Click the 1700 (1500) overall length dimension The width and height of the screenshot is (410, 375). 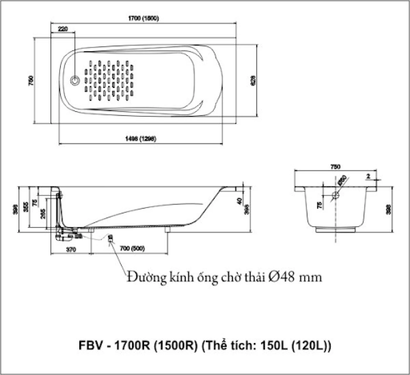coord(143,18)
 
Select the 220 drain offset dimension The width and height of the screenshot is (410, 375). coord(63,29)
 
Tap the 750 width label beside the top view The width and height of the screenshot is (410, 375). coord(31,80)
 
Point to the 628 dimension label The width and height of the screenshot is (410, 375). coord(253,80)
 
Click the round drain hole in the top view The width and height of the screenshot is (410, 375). coord(75,80)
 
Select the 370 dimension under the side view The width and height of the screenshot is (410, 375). coord(71,250)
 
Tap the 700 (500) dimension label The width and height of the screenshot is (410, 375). coord(132,249)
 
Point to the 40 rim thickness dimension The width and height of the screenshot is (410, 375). coord(239,201)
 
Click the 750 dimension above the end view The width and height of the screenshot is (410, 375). coord(335,167)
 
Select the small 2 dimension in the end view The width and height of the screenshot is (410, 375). coord(368,176)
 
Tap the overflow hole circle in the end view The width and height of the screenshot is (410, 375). coord(336,195)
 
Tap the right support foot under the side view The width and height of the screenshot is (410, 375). coord(168,230)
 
